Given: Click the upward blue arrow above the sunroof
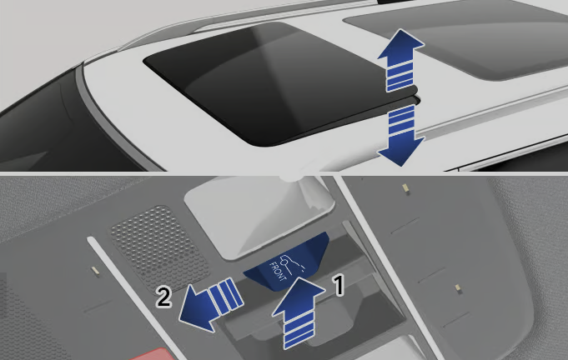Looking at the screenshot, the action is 400,60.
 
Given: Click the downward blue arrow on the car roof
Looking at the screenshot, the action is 401,135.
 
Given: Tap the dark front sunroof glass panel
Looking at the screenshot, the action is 279,83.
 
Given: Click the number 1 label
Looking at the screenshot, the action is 339,285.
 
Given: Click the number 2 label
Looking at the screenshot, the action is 163,297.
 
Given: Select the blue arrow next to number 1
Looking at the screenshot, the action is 299,312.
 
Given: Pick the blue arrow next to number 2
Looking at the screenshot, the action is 211,305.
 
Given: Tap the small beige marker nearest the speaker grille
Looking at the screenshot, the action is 95,270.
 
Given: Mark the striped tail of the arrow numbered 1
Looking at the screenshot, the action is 299,331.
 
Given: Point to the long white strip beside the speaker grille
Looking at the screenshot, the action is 137,297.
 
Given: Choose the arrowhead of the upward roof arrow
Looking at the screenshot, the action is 400,45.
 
